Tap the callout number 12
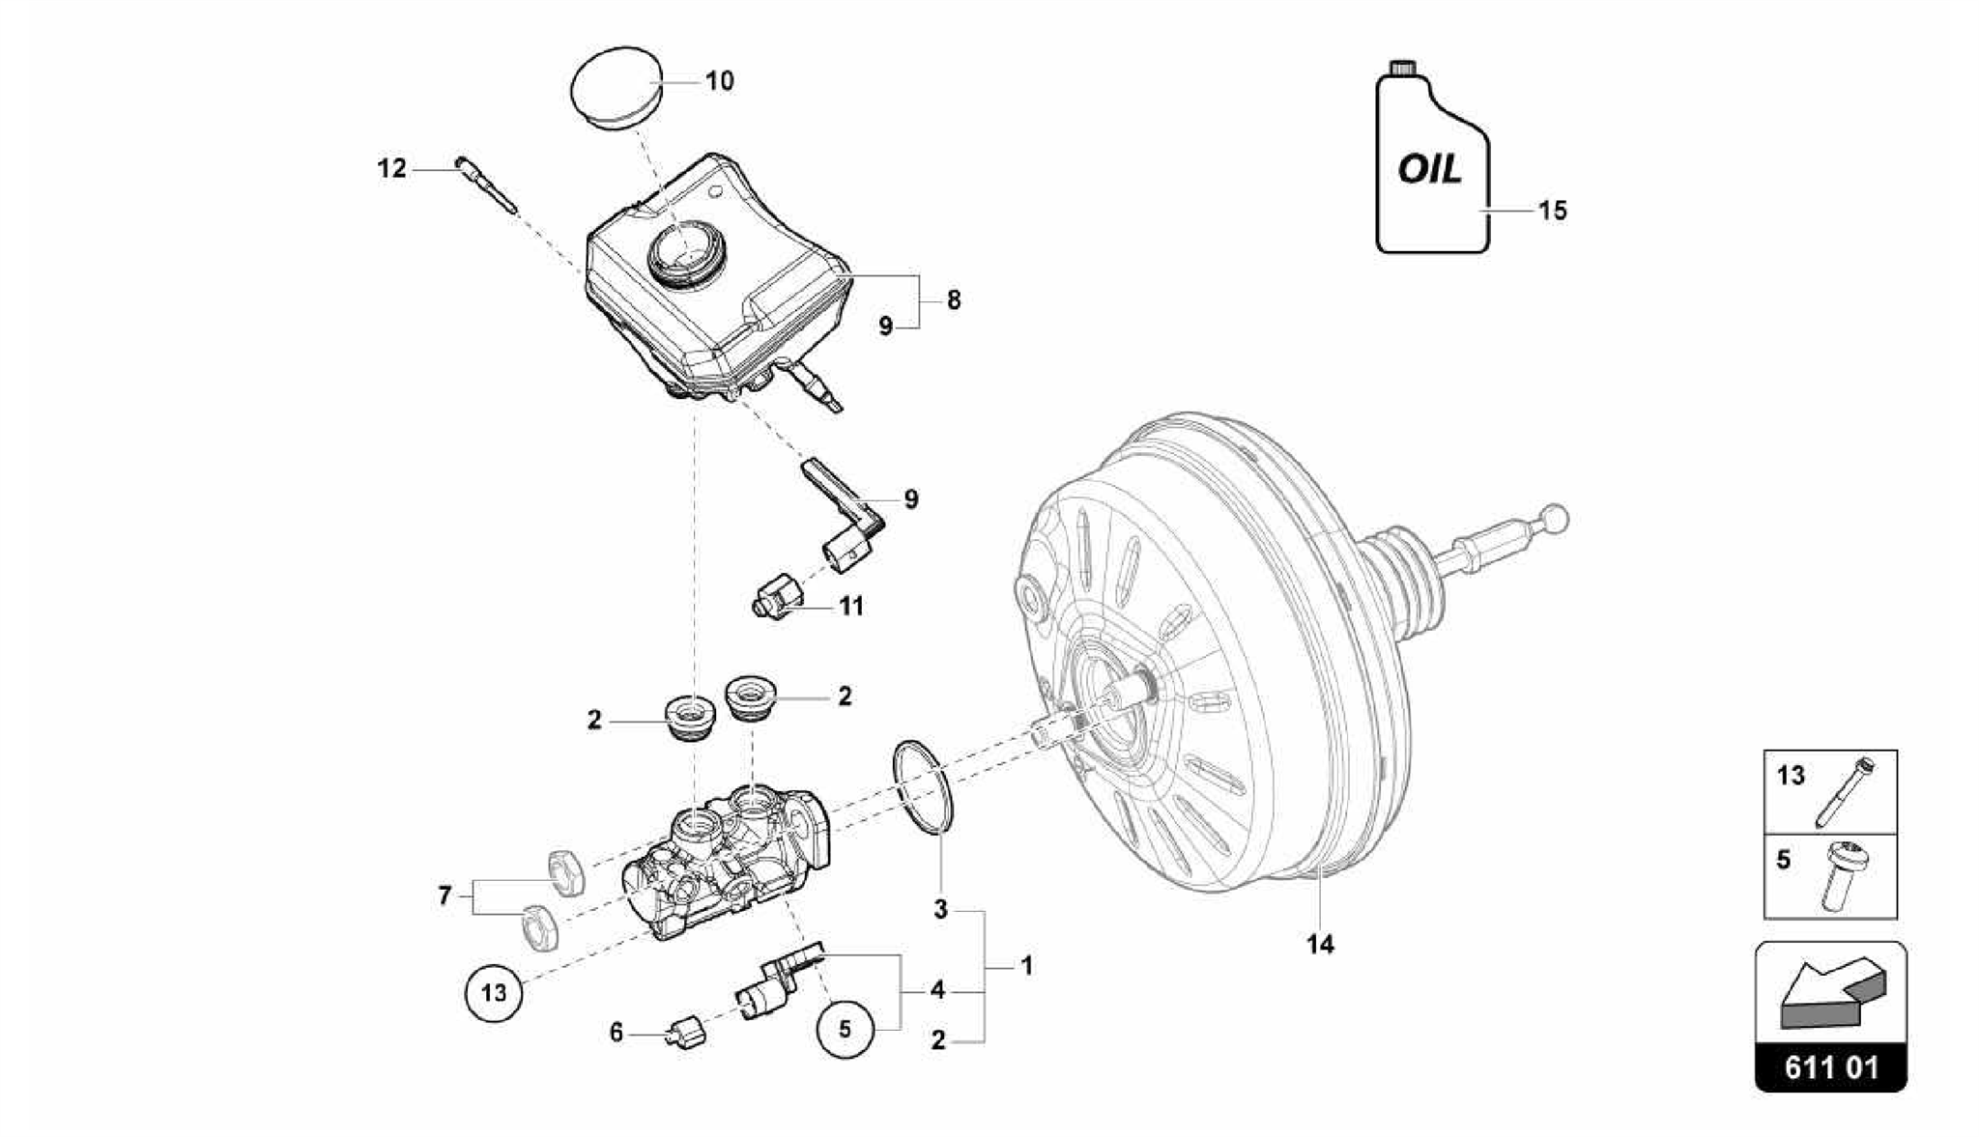tap(391, 169)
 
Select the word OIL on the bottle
tap(1430, 171)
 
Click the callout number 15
tap(1552, 211)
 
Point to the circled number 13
tap(494, 992)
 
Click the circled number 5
tap(845, 1029)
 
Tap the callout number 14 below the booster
tap(1320, 944)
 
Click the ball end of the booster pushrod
tap(1555, 519)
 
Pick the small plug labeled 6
tap(688, 1033)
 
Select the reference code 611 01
tap(1831, 1067)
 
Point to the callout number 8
tap(954, 300)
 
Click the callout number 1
tap(1027, 965)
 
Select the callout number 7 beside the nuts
tap(445, 895)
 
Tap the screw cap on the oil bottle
tap(1403, 69)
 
